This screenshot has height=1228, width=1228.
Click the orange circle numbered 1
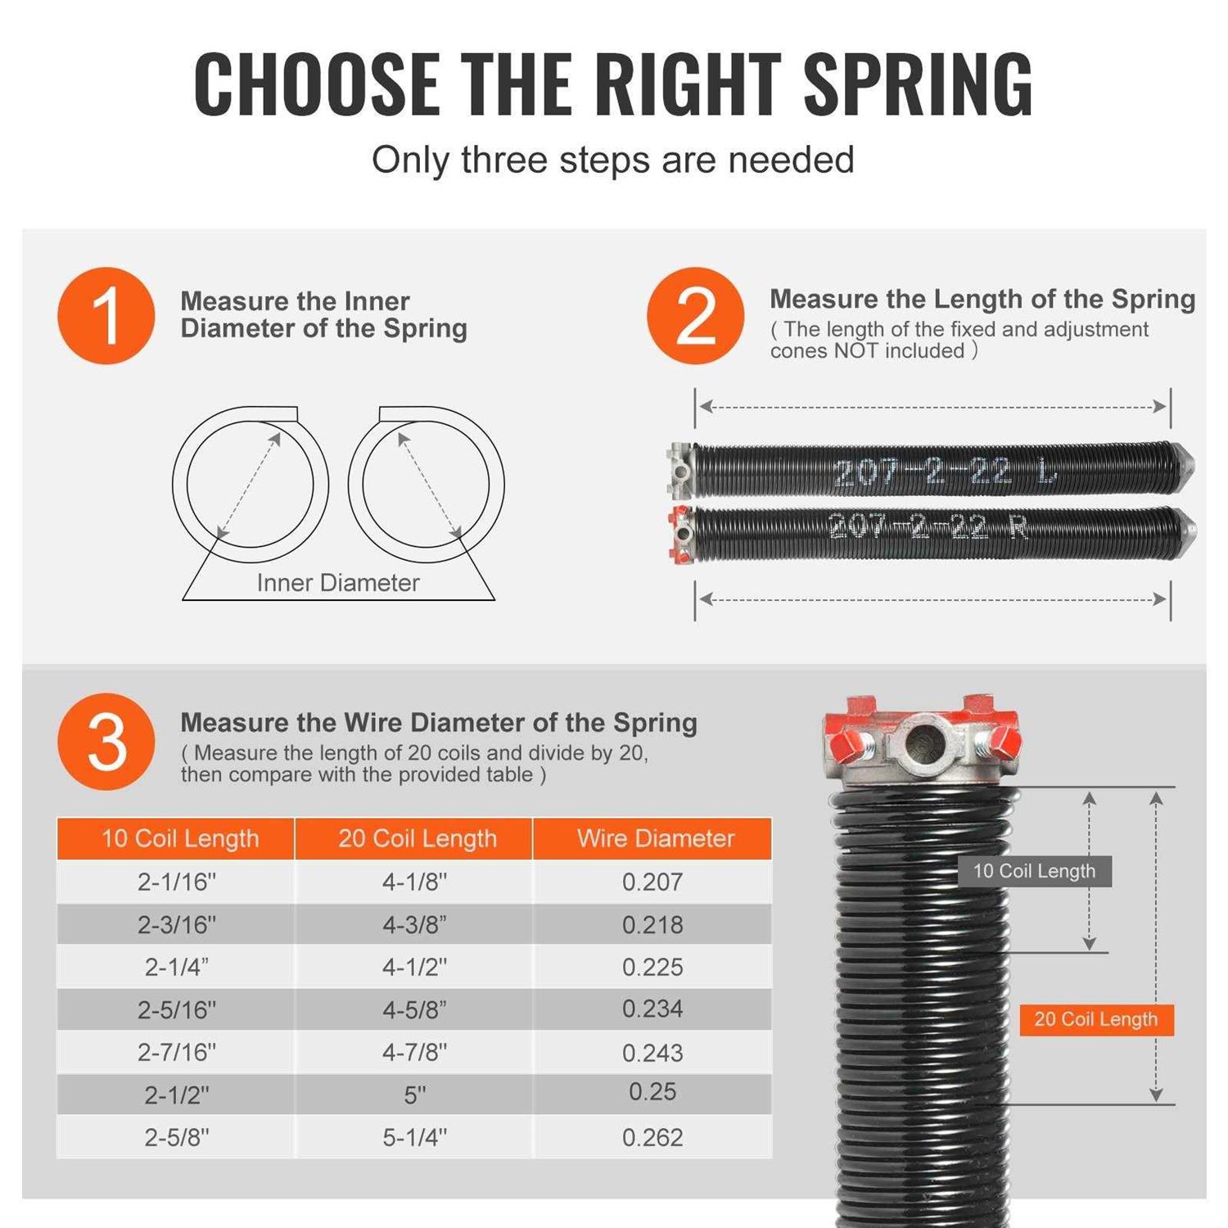tap(106, 315)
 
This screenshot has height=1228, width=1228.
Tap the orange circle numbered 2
tap(695, 315)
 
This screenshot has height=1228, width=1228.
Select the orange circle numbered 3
tap(106, 742)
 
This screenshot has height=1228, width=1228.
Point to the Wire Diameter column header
tap(655, 838)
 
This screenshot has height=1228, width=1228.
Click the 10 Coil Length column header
tap(179, 838)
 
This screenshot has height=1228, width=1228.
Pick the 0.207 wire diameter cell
tap(652, 882)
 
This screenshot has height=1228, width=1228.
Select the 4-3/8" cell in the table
tap(414, 924)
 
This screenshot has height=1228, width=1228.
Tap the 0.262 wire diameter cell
tap(652, 1137)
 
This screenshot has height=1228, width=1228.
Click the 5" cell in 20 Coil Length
tap(414, 1095)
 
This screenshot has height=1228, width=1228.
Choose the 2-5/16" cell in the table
tap(177, 1009)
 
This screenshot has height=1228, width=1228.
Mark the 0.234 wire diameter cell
tap(652, 1009)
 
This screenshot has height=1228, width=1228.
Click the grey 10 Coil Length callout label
tap(1034, 871)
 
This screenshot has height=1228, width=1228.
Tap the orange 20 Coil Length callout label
tap(1095, 1019)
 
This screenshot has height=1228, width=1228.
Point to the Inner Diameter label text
tap(337, 583)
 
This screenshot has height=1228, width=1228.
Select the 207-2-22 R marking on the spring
tap(927, 526)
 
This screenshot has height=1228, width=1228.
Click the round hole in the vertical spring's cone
tap(925, 742)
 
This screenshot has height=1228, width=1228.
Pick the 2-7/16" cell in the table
tap(177, 1052)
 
